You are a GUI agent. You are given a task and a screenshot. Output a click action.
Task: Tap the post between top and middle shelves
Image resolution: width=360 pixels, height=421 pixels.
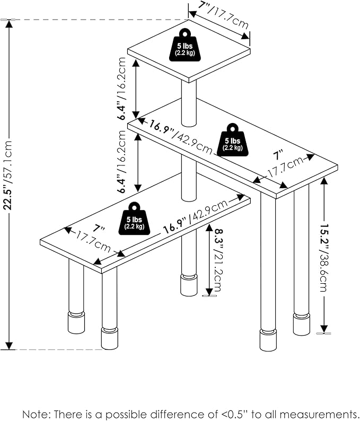189,103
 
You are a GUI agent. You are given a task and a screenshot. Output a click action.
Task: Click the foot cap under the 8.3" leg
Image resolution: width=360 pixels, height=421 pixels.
188,285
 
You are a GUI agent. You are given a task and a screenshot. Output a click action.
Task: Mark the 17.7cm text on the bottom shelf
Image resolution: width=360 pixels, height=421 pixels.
94,243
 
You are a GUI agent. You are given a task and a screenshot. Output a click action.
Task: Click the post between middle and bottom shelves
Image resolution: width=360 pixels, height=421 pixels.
188,180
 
